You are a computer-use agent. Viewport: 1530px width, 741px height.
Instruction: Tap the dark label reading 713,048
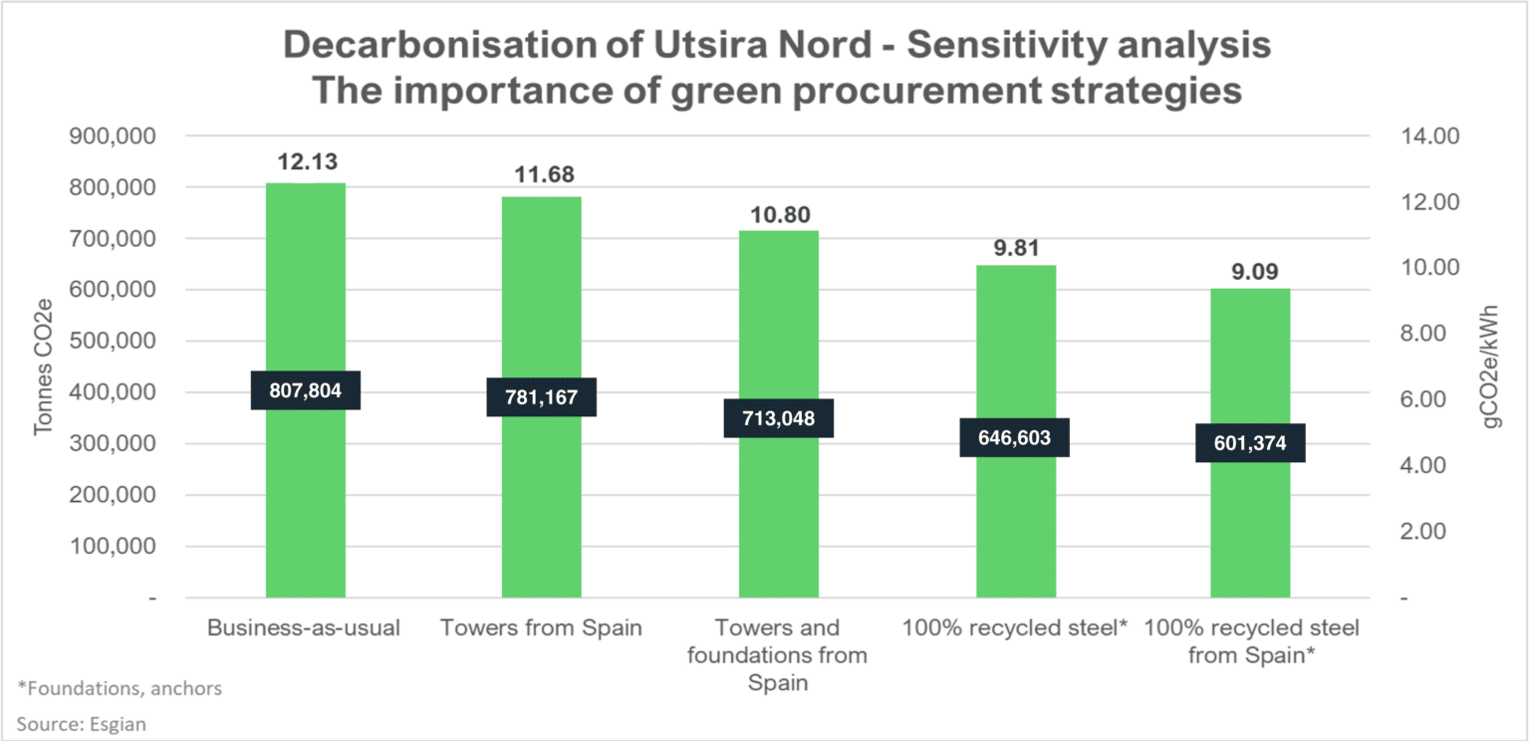click(x=779, y=418)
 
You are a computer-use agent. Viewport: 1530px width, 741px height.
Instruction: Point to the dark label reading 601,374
click(x=1250, y=443)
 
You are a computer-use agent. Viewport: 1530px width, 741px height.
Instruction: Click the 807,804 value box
click(x=306, y=390)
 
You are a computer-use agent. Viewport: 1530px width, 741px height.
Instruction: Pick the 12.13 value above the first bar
click(x=308, y=162)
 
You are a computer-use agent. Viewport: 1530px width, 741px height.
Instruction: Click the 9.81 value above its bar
click(x=1016, y=248)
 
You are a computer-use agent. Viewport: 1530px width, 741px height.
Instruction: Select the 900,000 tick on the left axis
click(x=113, y=135)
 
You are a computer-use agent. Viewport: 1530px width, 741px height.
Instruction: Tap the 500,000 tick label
click(x=113, y=340)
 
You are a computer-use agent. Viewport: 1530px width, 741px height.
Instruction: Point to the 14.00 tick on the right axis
click(x=1430, y=135)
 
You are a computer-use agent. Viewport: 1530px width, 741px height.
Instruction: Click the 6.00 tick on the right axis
click(x=1422, y=398)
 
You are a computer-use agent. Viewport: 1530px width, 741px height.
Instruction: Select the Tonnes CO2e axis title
click(x=43, y=367)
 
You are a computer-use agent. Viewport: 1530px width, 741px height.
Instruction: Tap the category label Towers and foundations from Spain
click(x=777, y=655)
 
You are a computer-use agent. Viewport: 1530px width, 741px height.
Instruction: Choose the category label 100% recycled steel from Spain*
click(x=1251, y=641)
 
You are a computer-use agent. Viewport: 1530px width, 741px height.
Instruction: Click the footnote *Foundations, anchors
click(x=120, y=688)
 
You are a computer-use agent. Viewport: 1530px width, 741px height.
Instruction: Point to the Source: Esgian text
click(x=82, y=724)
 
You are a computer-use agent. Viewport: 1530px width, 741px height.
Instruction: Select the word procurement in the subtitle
click(x=917, y=91)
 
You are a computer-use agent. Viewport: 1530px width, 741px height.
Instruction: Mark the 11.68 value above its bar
click(x=545, y=175)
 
